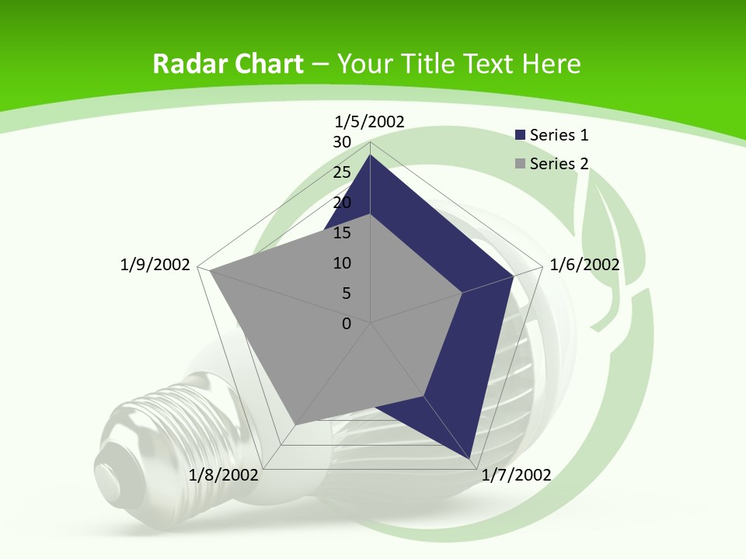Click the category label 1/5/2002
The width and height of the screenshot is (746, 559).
coord(370,121)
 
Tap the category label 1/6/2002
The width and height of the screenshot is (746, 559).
coord(584,265)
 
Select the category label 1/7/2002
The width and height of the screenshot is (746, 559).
coord(517,475)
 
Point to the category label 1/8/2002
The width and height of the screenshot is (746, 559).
coord(224,475)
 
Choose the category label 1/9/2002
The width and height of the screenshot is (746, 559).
coord(155,265)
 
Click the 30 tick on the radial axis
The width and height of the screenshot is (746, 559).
coord(342,142)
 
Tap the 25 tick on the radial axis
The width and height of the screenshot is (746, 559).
coord(342,172)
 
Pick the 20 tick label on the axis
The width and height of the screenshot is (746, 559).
coord(342,203)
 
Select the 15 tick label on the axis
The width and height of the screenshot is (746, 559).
coord(342,233)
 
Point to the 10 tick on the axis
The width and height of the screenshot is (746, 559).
coord(342,263)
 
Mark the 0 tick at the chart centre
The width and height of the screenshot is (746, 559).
coord(347,324)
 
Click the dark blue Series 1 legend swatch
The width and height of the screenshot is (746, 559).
coord(521,135)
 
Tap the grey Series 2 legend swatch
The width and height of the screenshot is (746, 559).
coord(521,164)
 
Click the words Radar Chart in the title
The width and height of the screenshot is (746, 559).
coord(228,64)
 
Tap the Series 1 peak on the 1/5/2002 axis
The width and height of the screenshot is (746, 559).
coord(371,155)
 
